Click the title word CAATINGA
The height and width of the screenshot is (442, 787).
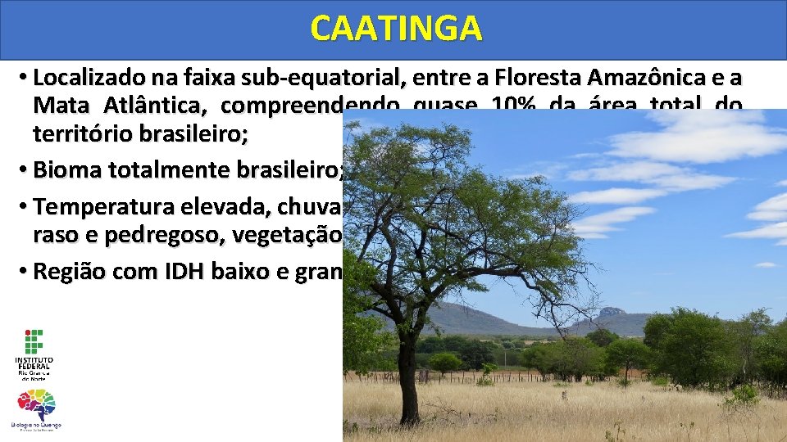[x=396, y=29]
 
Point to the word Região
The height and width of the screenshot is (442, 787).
[x=67, y=272]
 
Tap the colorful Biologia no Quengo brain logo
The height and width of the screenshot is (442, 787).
[x=36, y=406]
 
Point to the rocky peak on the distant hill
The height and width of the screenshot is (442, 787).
[x=611, y=313]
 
